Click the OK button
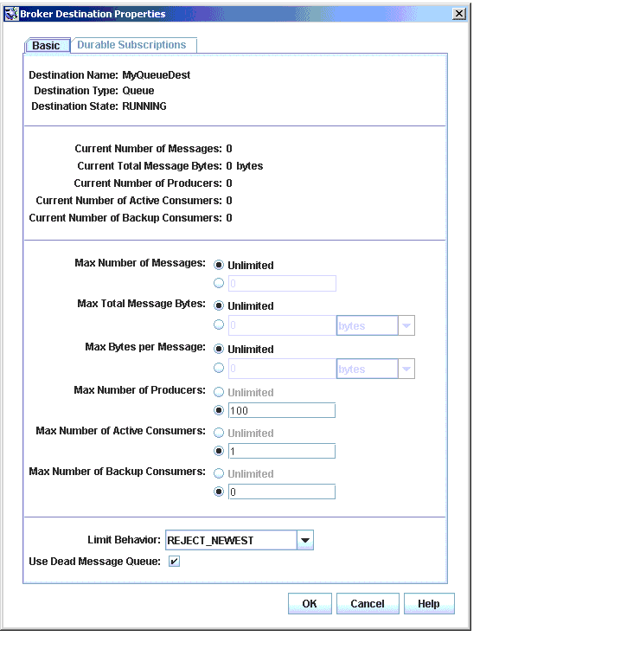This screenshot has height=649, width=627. click(x=310, y=604)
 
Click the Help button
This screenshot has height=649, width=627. click(x=428, y=604)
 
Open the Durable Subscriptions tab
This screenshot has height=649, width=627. click(x=131, y=45)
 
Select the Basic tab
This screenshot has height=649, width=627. click(x=47, y=46)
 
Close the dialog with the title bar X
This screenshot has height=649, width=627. click(x=458, y=13)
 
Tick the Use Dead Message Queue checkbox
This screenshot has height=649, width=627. click(x=174, y=562)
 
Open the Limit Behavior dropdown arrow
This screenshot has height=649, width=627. click(x=304, y=541)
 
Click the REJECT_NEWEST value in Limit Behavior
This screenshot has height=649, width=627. click(x=229, y=541)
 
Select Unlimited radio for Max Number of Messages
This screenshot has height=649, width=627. click(x=219, y=266)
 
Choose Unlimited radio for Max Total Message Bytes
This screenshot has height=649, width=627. click(x=219, y=305)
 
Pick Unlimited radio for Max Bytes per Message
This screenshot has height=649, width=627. click(x=219, y=349)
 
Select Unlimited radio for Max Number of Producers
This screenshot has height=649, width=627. click(x=219, y=392)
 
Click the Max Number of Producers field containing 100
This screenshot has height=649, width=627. click(x=281, y=410)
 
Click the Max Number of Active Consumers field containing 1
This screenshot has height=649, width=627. click(x=281, y=451)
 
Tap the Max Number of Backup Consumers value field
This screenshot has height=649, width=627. click(x=281, y=492)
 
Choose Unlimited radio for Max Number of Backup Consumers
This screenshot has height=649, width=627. click(x=219, y=473)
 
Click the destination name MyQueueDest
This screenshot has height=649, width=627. click(x=156, y=75)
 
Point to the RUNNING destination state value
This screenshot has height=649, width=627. click(x=144, y=106)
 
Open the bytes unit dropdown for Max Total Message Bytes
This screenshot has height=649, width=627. click(x=406, y=326)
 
